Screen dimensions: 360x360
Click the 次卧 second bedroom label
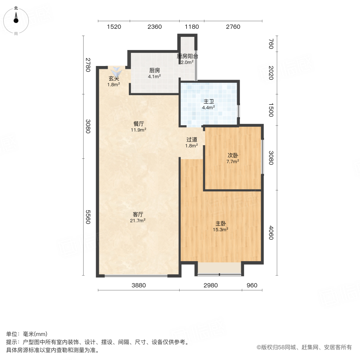coord(232,155)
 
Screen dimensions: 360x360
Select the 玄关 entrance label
coord(114,78)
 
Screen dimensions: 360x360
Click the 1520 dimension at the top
coord(114,27)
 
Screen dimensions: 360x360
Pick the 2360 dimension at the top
coord(154,27)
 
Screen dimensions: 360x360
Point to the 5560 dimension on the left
coord(88,217)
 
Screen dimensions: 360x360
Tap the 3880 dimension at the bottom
coord(139,285)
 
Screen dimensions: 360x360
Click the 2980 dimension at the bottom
coord(210,285)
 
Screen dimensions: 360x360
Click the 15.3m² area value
coord(221,230)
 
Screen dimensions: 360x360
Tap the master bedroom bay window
coord(219,270)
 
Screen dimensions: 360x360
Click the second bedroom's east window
coord(262,156)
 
